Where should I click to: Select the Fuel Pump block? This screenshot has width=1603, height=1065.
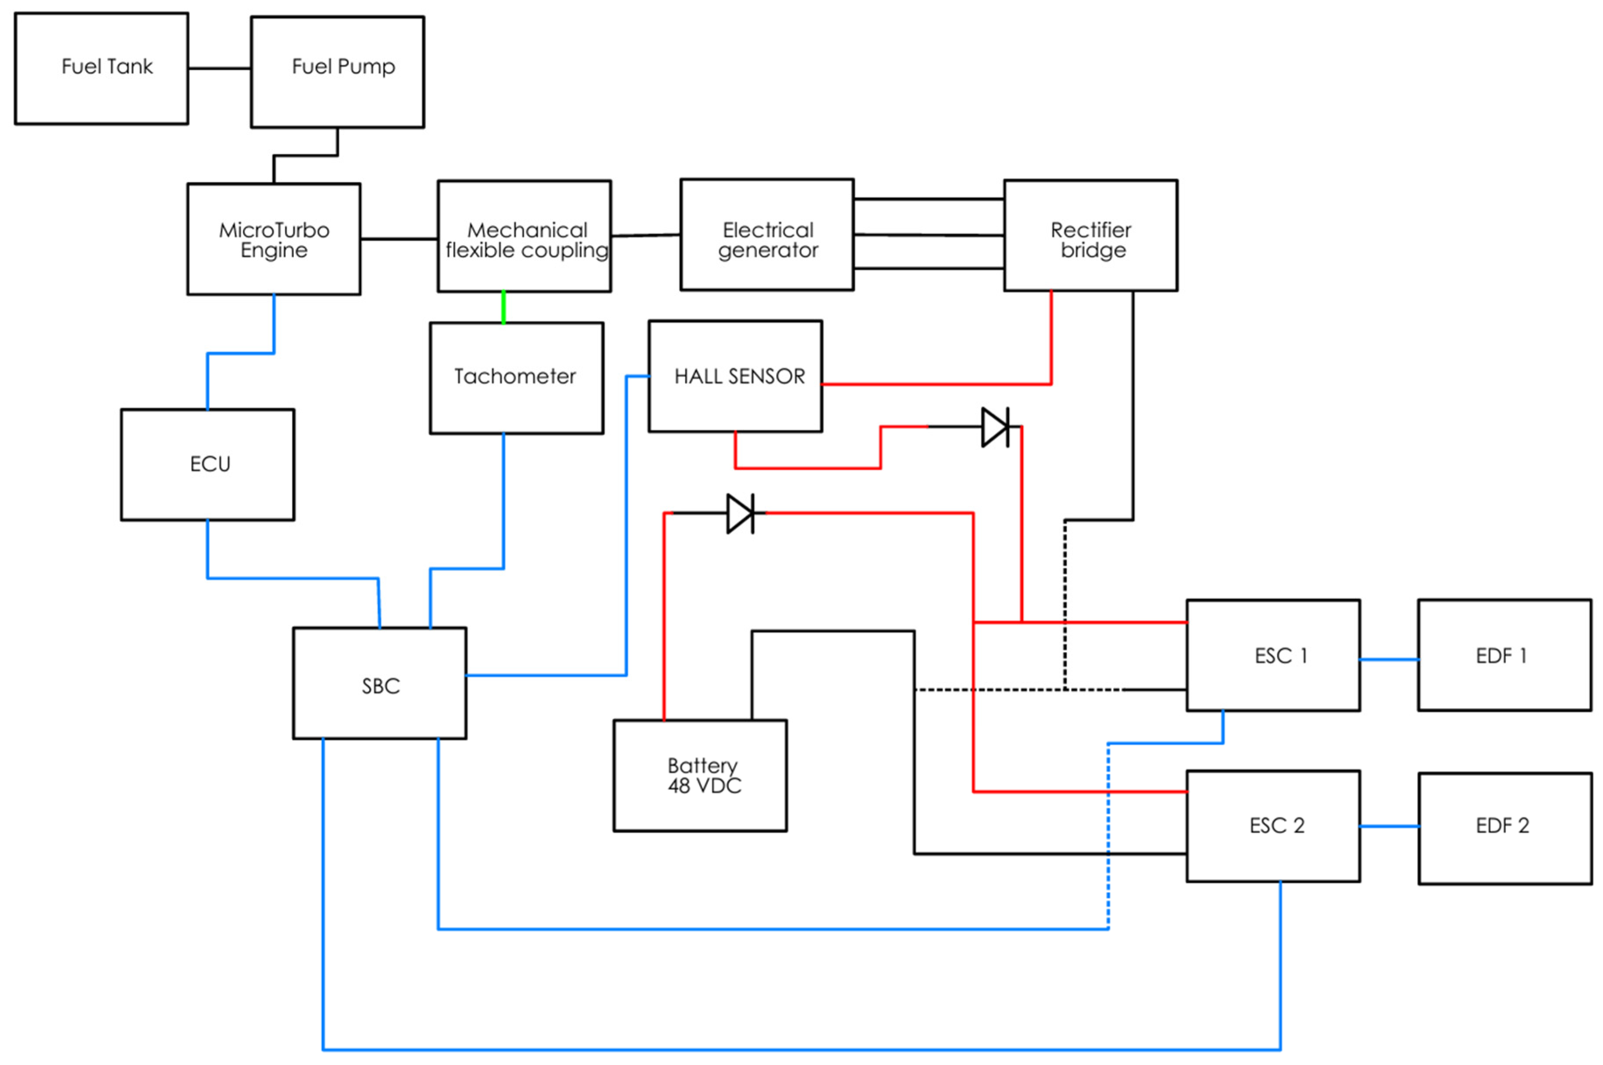(x=337, y=72)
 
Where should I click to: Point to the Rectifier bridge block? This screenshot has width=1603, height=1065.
(x=1090, y=235)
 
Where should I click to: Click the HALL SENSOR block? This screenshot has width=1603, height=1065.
(x=735, y=376)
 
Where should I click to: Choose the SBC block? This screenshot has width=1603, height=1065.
(x=380, y=683)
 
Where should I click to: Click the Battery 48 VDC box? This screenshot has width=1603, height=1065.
(x=700, y=775)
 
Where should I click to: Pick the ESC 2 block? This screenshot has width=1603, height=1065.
(x=1273, y=826)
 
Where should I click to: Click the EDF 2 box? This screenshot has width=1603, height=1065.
(x=1505, y=828)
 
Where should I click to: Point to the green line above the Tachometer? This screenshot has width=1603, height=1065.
(x=503, y=307)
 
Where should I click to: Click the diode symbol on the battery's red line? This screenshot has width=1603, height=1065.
(x=740, y=514)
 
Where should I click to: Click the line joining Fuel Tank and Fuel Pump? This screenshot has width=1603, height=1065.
(x=219, y=68)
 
